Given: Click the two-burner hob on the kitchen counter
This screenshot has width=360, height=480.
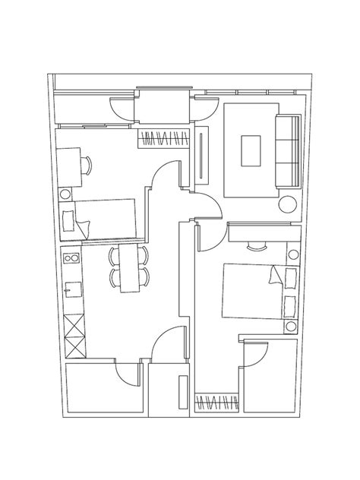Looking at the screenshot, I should (74, 261).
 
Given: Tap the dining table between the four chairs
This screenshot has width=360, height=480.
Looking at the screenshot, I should (131, 267).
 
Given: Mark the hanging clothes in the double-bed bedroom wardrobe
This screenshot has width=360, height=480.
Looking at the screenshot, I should (216, 403).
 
